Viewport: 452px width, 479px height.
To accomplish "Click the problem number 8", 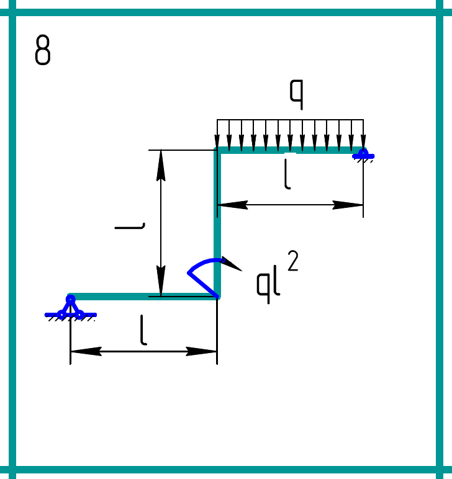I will coord(43,51).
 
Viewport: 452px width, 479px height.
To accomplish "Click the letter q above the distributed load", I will coord(296,94).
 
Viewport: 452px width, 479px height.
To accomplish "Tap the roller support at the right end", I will coord(363,153).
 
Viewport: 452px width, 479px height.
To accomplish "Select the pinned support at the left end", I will coord(70,308).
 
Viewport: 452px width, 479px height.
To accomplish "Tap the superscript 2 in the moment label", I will coord(293,261).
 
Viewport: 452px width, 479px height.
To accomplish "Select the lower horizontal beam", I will coord(143,297).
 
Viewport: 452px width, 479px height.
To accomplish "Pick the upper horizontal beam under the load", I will coord(289,150).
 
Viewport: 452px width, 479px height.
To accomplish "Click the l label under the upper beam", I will coord(286,174).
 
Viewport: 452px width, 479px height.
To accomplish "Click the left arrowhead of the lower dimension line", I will coord(84,351).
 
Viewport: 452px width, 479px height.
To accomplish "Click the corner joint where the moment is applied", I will coord(217,296).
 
